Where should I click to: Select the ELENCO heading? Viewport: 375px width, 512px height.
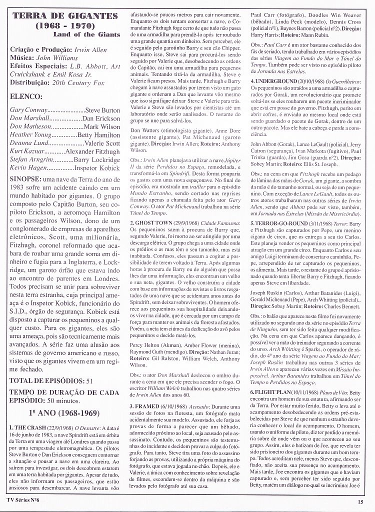[x=26, y=96]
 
